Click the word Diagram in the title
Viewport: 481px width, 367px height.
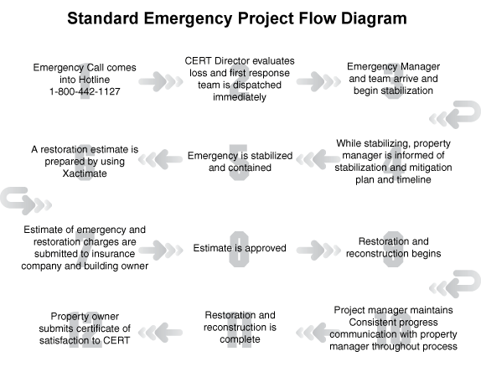click(374, 18)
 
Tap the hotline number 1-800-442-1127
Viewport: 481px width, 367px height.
click(85, 91)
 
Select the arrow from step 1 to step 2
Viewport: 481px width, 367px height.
click(161, 81)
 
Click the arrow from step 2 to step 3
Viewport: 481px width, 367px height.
click(318, 81)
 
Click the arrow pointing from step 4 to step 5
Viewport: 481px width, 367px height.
click(318, 159)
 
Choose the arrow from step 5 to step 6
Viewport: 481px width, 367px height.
click(160, 159)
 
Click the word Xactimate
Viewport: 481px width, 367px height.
click(85, 173)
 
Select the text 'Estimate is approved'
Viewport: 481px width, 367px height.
click(240, 248)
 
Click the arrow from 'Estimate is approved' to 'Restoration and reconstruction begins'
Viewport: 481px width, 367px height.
click(318, 250)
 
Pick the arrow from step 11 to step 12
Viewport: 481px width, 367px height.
click(160, 333)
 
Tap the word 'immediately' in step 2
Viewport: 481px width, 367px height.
click(240, 97)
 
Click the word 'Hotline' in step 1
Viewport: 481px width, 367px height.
click(94, 80)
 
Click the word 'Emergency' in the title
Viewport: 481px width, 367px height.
click(188, 19)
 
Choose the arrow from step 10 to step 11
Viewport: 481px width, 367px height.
click(318, 333)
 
